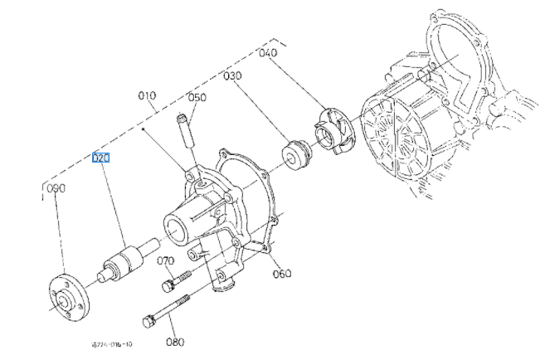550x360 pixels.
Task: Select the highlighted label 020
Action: click(101, 158)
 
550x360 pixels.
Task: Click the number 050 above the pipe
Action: click(197, 98)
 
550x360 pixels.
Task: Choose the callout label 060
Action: click(281, 274)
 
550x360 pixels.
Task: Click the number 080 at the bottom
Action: click(175, 341)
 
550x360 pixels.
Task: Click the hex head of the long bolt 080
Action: click(149, 321)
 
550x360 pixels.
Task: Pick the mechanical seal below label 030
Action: click(295, 154)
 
